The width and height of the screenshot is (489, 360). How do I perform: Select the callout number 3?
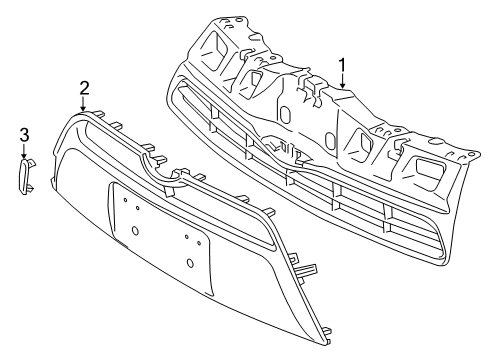tap(24, 133)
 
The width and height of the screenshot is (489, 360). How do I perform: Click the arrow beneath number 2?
tap(85, 103)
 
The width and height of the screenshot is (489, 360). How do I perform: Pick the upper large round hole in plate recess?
tap(134, 229)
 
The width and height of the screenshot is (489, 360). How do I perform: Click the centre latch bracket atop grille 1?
tap(311, 88)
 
